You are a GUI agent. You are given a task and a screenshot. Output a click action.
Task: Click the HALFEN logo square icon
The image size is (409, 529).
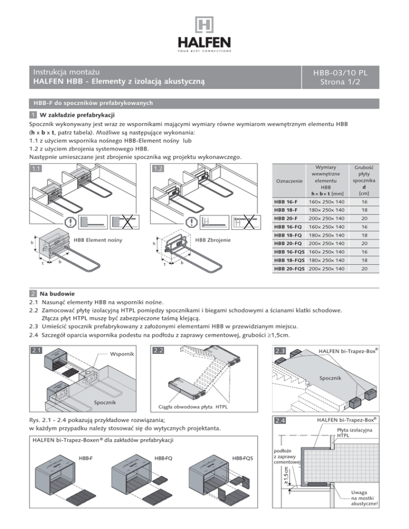tap(204, 26)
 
